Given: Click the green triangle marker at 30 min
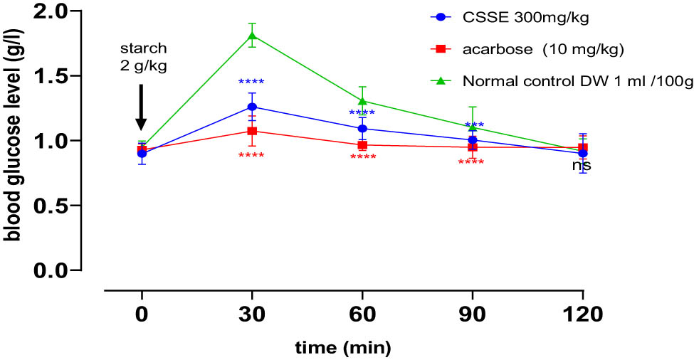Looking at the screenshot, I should (252, 35).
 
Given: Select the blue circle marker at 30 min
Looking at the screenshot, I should (252, 107).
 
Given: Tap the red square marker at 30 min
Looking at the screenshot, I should (252, 131).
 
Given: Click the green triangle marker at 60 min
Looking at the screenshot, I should (362, 100).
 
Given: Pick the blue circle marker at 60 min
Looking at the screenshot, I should (362, 129).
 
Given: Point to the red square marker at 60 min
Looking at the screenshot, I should (362, 145).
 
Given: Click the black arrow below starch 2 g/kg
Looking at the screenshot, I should (142, 107).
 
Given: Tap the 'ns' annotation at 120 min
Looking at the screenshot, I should (582, 166).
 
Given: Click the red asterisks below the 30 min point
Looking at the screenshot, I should (252, 157).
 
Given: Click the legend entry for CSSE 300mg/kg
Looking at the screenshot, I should (512, 16).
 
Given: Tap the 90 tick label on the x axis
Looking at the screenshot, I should (473, 314).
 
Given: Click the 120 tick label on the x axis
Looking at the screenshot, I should (583, 314).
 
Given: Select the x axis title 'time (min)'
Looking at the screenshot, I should (344, 348).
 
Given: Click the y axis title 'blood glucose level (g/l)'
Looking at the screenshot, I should (12, 135).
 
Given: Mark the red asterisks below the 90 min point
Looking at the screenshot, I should (471, 163).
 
